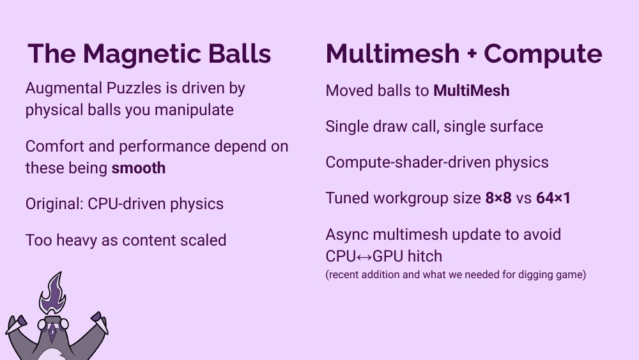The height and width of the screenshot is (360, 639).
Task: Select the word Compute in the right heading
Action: [x=543, y=54]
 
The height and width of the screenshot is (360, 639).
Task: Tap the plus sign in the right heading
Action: [x=472, y=55]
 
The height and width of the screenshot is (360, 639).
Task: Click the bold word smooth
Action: [x=139, y=168]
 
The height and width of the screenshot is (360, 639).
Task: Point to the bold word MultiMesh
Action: [x=471, y=91]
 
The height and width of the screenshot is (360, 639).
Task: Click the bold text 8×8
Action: [x=498, y=198]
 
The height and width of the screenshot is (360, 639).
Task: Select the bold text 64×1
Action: [x=553, y=198]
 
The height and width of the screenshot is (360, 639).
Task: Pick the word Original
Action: [x=52, y=204]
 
